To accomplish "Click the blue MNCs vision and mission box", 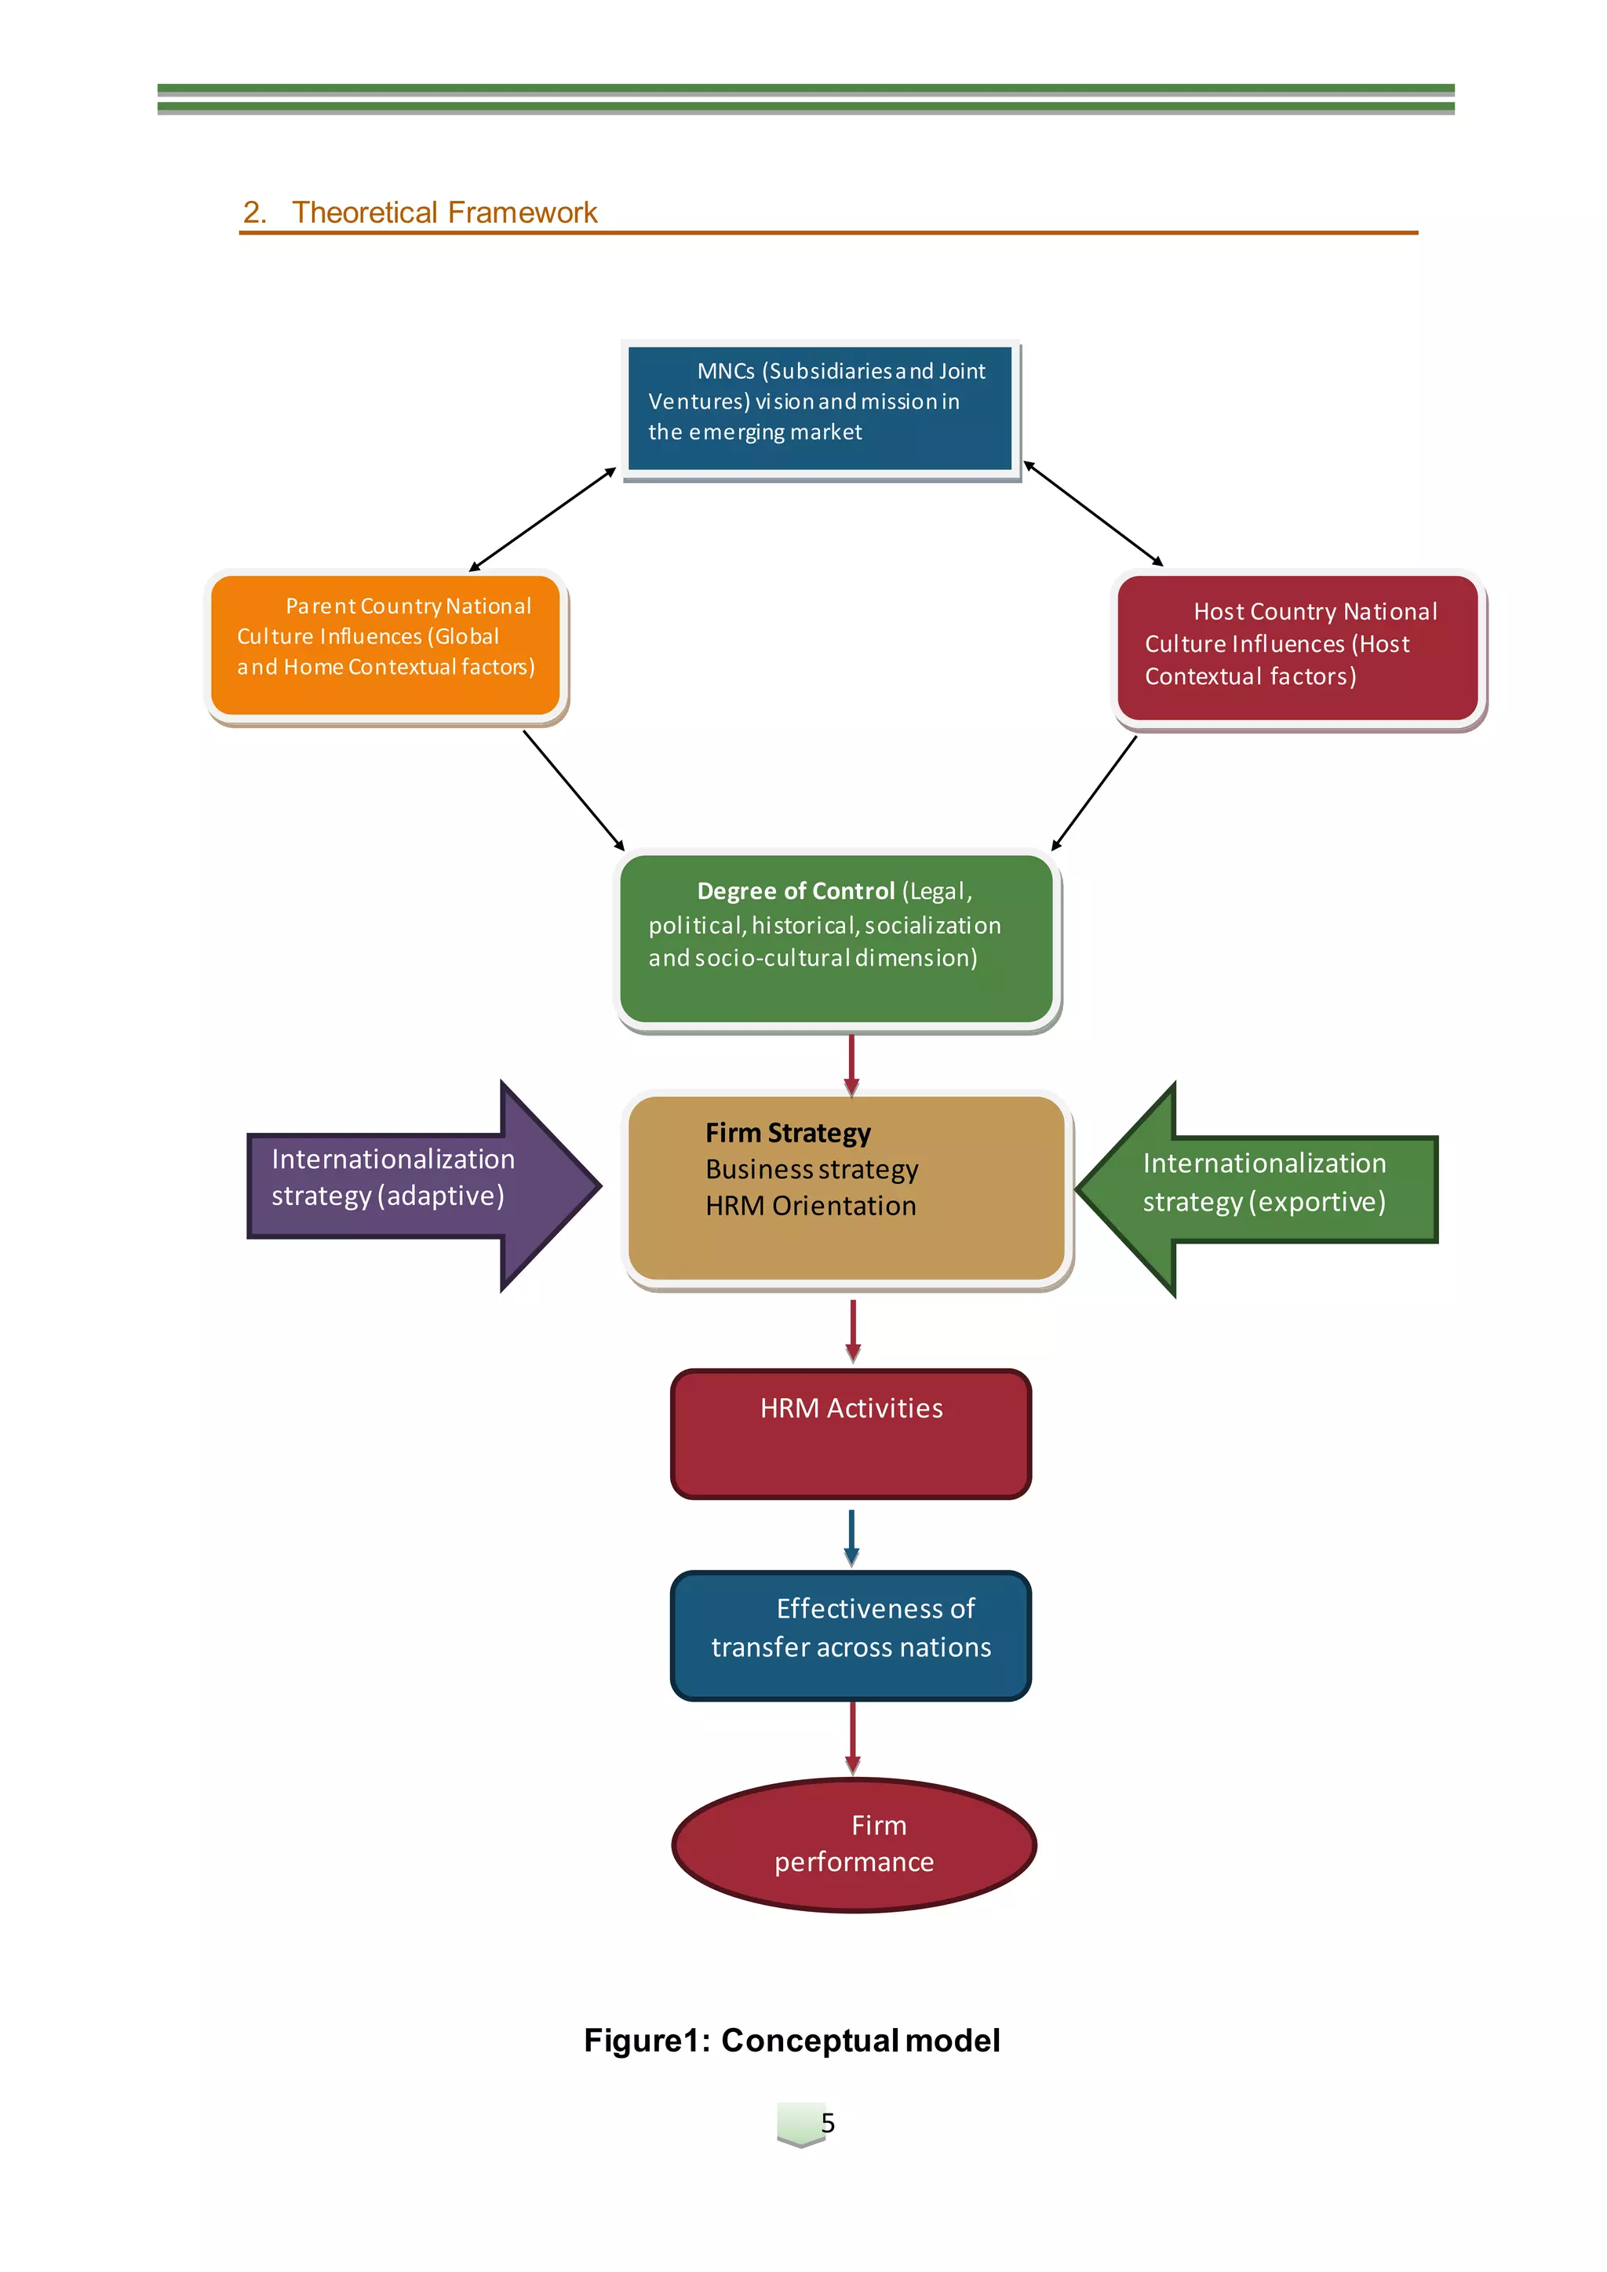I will [x=819, y=409].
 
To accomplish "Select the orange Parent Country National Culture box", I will [x=386, y=645].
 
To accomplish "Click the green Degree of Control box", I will [x=837, y=938].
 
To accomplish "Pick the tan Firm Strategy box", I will [x=847, y=1188].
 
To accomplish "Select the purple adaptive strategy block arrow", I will [x=416, y=1185].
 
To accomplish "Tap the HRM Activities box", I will [x=851, y=1434].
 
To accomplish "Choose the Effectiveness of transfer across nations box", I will [x=851, y=1635].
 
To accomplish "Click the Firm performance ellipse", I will [x=853, y=1844].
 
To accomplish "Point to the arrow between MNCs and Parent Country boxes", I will [x=542, y=519].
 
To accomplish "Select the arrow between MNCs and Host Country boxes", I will [x=1093, y=514].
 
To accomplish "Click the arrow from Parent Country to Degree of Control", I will [x=574, y=790].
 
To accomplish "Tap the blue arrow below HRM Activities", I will [x=851, y=1537].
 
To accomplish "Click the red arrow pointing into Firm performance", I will [x=852, y=1739].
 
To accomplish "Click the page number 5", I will [x=827, y=2123].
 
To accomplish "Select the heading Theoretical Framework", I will [x=444, y=213].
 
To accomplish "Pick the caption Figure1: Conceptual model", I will [x=792, y=2041].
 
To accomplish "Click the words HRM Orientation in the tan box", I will [x=811, y=1207].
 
